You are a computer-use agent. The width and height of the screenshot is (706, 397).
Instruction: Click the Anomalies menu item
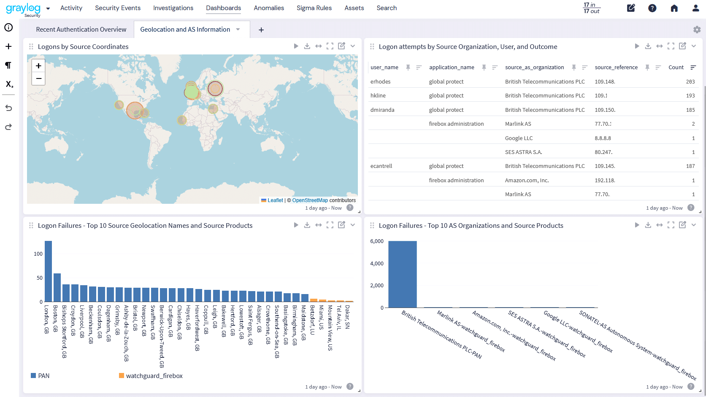pos(268,8)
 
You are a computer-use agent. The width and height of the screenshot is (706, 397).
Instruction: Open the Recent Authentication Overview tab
pos(81,30)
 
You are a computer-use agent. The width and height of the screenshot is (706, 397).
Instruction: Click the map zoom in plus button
pos(38,66)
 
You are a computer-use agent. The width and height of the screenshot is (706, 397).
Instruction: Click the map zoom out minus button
pos(38,78)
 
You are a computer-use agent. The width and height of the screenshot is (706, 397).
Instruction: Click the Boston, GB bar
pos(57,287)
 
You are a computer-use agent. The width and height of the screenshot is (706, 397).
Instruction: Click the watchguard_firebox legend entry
pos(154,376)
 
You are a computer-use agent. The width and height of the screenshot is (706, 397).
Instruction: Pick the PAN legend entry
pos(43,376)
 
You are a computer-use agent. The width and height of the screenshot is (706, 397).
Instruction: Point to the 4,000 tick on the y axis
pos(376,264)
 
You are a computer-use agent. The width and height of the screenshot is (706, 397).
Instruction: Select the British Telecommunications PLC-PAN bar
pos(402,274)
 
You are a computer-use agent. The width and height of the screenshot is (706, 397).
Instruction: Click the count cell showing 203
pos(690,82)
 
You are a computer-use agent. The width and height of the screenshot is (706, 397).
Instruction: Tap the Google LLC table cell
pos(519,138)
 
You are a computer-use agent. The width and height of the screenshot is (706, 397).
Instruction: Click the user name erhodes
pos(380,82)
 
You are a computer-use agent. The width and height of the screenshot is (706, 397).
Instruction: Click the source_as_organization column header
pos(534,68)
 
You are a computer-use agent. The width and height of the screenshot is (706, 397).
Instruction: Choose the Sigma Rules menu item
pos(314,8)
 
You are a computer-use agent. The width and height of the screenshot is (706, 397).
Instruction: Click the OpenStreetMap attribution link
pos(310,200)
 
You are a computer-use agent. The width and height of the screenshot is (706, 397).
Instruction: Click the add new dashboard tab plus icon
pos(261,30)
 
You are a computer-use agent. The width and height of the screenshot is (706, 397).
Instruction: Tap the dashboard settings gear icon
pos(697,30)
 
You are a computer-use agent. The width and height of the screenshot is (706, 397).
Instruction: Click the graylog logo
pos(24,8)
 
